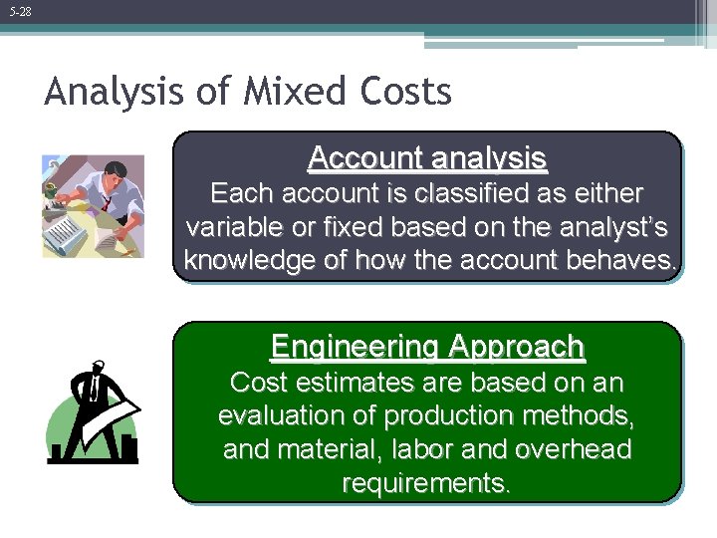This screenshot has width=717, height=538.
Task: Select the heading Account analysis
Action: pos(427,157)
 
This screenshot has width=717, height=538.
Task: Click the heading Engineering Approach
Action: pos(427,347)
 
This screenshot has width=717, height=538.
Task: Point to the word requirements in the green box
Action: pos(427,483)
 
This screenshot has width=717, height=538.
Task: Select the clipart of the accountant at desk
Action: pos(93,206)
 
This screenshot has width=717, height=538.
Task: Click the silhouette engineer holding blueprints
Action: pos(93,412)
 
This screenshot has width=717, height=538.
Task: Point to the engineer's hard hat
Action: pos(98,366)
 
